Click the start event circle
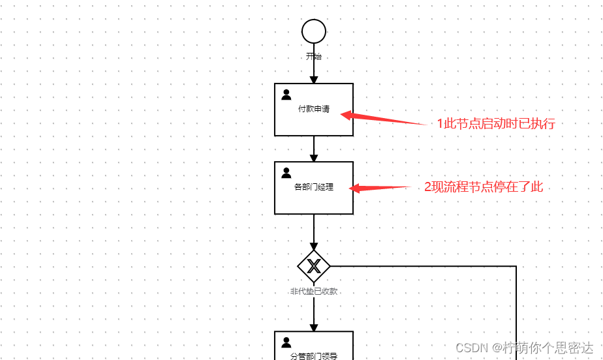(314, 31)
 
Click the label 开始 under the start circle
(314, 57)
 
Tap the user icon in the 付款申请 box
(286, 95)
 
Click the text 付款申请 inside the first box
(314, 109)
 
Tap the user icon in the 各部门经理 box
(286, 173)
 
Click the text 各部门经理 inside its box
(314, 187)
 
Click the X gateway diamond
(314, 266)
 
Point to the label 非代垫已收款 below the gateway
(314, 292)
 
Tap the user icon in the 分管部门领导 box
(286, 342)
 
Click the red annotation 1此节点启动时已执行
(496, 124)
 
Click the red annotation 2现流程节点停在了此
(484, 187)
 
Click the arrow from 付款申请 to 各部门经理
(314, 149)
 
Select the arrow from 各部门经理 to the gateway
(314, 232)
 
